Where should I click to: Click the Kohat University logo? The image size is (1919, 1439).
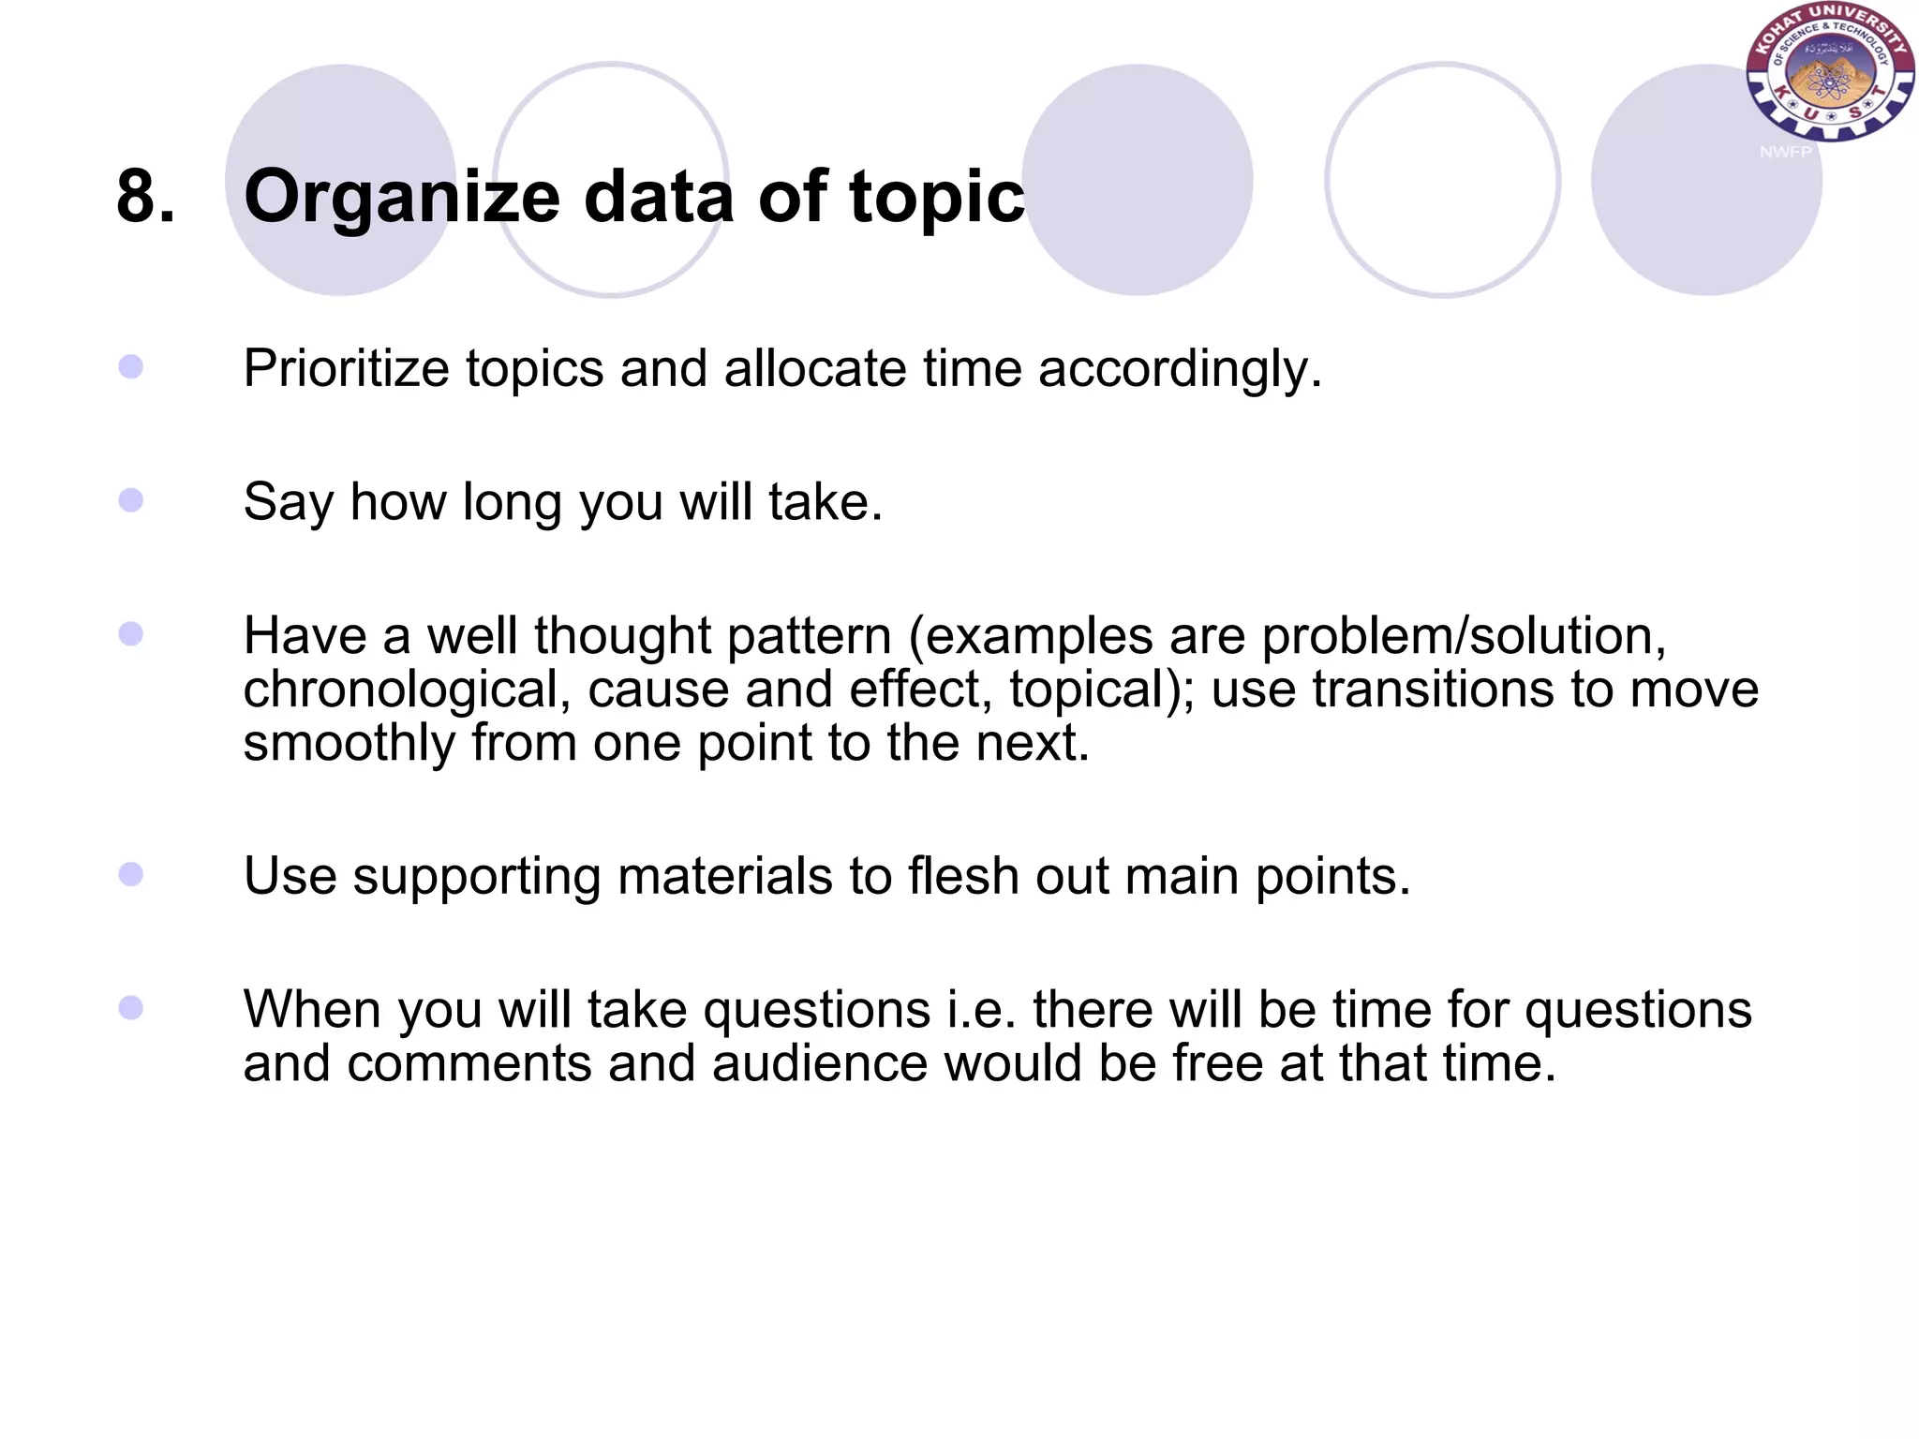point(1829,73)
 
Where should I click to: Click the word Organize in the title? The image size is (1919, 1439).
point(401,199)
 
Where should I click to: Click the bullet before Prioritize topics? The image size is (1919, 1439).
point(131,366)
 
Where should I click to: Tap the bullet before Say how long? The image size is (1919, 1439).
point(131,500)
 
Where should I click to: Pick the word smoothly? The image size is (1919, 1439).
point(349,744)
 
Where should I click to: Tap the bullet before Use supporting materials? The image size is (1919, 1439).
point(131,874)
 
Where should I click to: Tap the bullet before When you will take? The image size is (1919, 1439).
point(131,1008)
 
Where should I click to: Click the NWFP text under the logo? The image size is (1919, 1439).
point(1785,152)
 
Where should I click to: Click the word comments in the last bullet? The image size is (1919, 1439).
point(469,1064)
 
